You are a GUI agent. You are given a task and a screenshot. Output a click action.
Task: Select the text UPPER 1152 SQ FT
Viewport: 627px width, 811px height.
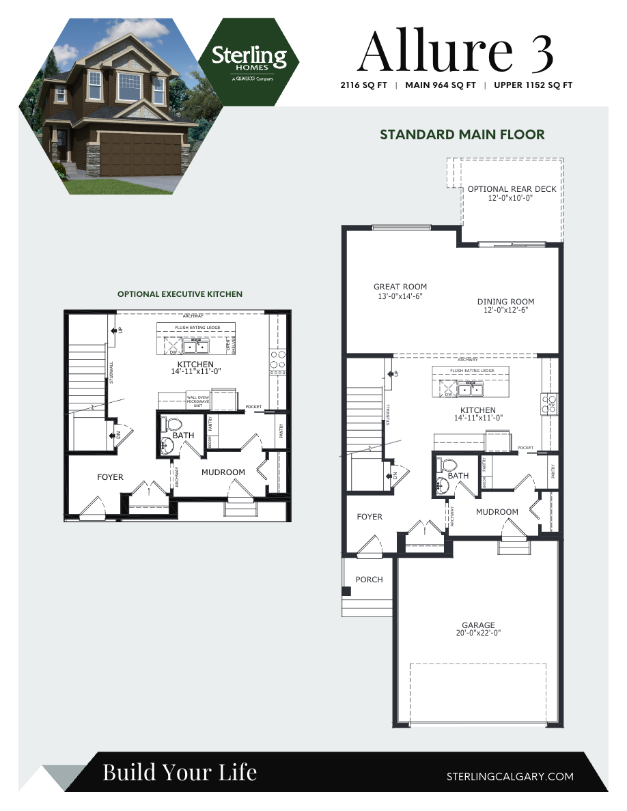coord(533,85)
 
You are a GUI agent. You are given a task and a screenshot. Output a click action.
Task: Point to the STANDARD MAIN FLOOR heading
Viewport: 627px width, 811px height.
coord(462,134)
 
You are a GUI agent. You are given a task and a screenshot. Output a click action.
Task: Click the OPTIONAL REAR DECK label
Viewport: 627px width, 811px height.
coord(512,189)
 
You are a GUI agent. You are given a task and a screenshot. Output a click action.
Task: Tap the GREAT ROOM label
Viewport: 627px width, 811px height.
coord(400,287)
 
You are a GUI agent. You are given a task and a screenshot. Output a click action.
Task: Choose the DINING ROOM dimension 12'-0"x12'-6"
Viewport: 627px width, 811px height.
coord(505,310)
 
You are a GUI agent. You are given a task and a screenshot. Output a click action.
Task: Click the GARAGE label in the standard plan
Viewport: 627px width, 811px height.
coord(478,625)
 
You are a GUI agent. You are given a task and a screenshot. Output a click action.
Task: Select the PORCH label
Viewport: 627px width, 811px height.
coord(369,580)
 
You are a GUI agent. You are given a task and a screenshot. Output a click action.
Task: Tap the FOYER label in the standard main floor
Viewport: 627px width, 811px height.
coord(370,517)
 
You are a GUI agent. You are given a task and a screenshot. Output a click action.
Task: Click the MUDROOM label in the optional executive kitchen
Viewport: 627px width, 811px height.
coord(223,472)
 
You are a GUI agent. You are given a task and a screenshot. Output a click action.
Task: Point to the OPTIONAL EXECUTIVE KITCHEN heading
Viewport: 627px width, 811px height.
coord(180,294)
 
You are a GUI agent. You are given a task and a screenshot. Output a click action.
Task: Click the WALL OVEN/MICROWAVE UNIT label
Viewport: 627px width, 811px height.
coord(197,401)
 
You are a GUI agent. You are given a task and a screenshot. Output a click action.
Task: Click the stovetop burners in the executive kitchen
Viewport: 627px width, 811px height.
coord(277,360)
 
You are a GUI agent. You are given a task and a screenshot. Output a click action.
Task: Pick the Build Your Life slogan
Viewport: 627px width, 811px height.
coord(180,772)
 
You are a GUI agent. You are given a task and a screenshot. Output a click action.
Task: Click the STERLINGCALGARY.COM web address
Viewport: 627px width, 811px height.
coord(510,776)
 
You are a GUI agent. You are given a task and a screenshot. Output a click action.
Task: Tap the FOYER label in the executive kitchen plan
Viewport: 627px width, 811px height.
coord(110,476)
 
